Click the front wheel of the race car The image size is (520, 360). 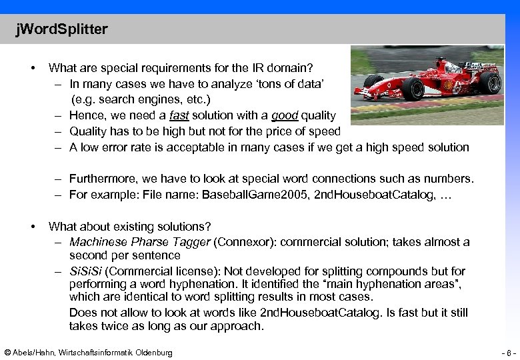(x=413, y=89)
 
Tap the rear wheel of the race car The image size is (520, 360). (x=490, y=83)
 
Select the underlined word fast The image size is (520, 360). (x=179, y=116)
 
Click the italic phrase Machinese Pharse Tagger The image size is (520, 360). (x=139, y=242)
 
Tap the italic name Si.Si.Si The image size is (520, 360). (x=85, y=271)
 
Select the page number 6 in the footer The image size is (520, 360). (x=508, y=353)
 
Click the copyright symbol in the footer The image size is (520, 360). (x=7, y=353)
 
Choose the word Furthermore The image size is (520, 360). (x=102, y=179)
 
